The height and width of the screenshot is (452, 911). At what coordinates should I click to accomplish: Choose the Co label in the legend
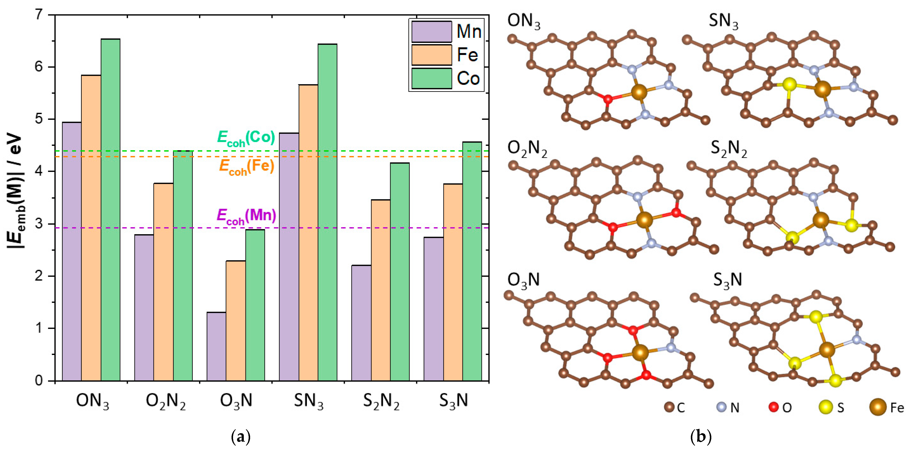pos(468,78)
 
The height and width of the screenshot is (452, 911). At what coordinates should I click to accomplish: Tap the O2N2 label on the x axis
pos(165,401)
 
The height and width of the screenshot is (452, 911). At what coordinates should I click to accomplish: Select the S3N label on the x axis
pos(454,401)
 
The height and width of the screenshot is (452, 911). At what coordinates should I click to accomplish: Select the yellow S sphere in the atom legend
pos(826,407)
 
